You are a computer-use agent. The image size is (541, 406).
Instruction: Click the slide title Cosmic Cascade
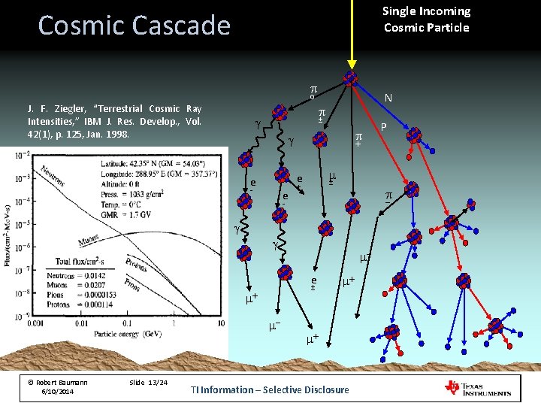(134, 26)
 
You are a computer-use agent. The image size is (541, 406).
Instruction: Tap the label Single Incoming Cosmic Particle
(426, 20)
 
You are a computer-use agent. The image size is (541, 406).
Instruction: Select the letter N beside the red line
(388, 98)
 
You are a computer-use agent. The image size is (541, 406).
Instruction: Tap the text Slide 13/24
(150, 383)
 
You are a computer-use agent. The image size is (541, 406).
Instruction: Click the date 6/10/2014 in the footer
(58, 392)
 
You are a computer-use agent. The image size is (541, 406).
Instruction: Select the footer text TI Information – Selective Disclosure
(270, 389)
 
